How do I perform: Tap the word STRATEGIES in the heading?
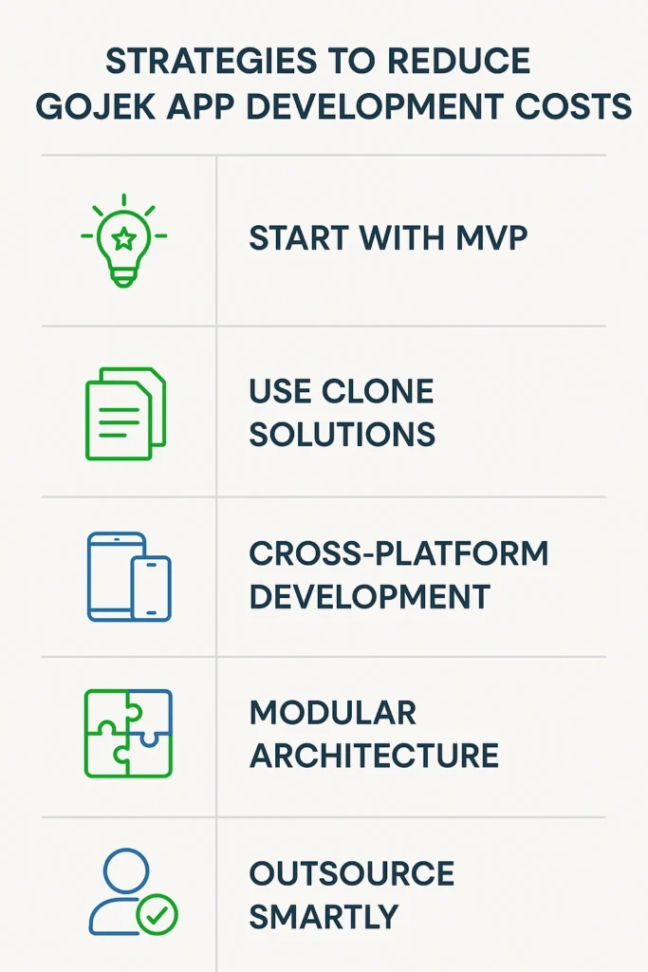(212, 61)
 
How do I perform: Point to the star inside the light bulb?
(124, 238)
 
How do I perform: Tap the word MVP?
(491, 238)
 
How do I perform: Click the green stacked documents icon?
(126, 414)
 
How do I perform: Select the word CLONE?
(378, 391)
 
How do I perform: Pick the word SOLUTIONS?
(342, 434)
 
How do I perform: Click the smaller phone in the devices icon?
(151, 588)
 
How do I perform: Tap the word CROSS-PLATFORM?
(398, 553)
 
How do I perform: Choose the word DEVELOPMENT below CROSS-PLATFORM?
(370, 596)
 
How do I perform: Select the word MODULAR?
(333, 713)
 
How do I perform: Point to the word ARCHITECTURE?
(374, 756)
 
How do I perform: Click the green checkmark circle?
(157, 914)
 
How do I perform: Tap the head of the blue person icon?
(126, 871)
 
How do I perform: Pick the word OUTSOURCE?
(352, 874)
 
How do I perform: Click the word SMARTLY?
(324, 917)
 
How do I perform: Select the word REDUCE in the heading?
(458, 61)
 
